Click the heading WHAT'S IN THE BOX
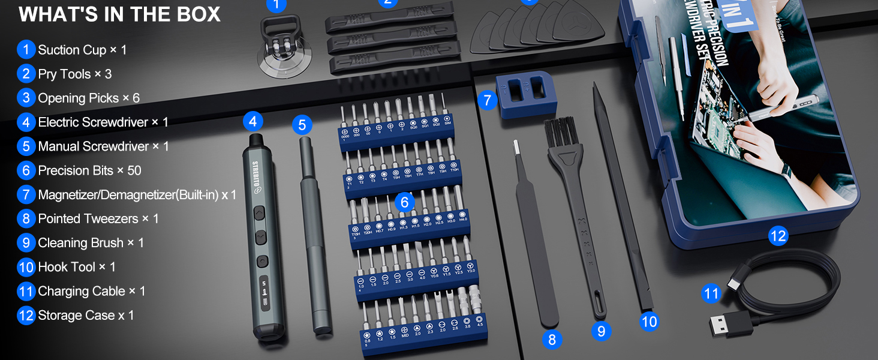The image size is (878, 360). tap(120, 14)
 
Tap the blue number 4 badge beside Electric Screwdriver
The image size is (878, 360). tap(26, 122)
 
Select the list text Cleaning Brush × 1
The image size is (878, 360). tap(91, 243)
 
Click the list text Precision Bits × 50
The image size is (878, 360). tap(89, 170)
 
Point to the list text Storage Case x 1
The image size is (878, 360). tap(86, 315)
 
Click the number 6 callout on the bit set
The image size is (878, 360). tap(404, 202)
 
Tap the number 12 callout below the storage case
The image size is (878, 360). tap(777, 236)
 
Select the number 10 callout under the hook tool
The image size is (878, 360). tap(649, 322)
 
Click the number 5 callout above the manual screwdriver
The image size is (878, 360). tap(302, 125)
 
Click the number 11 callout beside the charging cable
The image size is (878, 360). tap(711, 293)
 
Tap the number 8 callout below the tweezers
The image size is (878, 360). tap(552, 340)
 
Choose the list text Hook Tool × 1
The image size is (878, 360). tap(77, 267)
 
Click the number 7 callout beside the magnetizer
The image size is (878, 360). tap(487, 100)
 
